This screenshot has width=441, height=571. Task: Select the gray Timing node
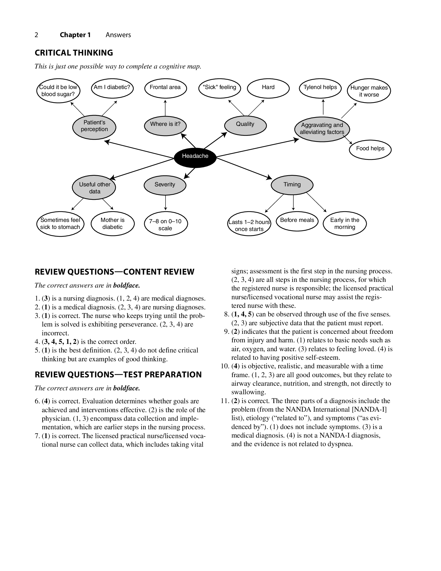click(292, 185)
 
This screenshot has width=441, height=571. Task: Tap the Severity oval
click(165, 185)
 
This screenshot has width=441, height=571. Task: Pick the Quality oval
click(245, 125)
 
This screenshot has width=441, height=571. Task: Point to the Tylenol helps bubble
click(320, 88)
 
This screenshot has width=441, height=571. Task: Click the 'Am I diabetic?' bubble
click(112, 88)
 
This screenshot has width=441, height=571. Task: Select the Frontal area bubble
click(165, 88)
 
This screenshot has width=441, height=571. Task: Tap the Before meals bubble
click(297, 221)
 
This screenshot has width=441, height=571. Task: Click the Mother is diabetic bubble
click(112, 224)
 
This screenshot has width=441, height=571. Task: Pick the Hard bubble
click(268, 88)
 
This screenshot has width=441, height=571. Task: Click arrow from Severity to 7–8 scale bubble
click(166, 203)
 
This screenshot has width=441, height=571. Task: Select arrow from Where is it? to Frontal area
click(165, 108)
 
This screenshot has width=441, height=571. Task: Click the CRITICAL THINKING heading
click(74, 53)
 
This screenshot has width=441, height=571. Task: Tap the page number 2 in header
click(36, 35)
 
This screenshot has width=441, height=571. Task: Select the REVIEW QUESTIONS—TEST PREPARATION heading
click(118, 375)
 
